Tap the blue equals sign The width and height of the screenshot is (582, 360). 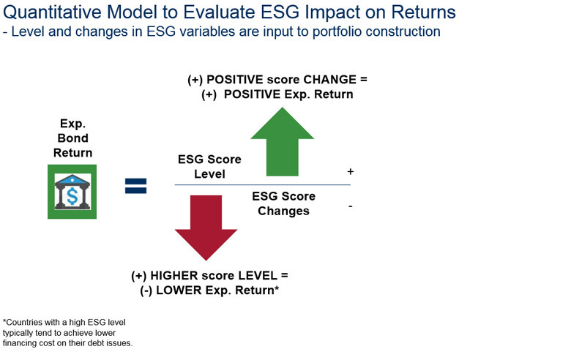click(x=136, y=186)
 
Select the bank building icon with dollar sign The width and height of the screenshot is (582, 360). click(x=72, y=192)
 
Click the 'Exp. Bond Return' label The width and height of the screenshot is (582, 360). click(x=72, y=138)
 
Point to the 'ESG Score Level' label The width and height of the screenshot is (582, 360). click(x=209, y=167)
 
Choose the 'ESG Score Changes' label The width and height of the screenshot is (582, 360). click(x=283, y=203)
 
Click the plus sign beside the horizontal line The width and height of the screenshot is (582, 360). click(x=350, y=171)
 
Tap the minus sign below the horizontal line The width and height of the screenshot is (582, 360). click(x=350, y=206)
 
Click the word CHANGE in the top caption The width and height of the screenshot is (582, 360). click(x=329, y=80)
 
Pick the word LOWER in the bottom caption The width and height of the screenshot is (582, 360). click(x=179, y=290)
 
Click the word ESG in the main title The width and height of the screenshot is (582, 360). click(x=280, y=12)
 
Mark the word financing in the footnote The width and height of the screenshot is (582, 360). click(x=18, y=343)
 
